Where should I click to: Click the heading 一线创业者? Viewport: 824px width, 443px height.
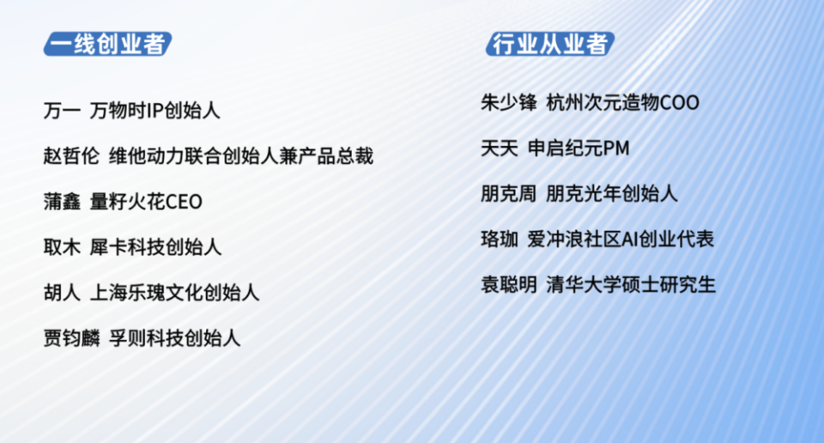pos(106,44)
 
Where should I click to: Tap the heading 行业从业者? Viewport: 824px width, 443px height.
pos(549,44)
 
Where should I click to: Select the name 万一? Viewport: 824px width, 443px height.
pos(61,111)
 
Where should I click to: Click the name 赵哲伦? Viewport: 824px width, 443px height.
pos(71,156)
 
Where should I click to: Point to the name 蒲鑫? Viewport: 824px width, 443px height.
pos(61,202)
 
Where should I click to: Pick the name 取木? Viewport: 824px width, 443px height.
pos(61,247)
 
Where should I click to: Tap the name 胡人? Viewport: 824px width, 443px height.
pos(61,293)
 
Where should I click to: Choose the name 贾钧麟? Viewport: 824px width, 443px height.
pos(71,338)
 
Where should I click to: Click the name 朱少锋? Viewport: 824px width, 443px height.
pos(509,103)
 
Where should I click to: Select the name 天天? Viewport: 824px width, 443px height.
pos(499,149)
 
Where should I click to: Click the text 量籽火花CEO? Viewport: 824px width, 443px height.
pos(146,202)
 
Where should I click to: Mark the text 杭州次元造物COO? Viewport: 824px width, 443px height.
pos(622,103)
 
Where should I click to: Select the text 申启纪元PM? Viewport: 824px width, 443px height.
pos(579,149)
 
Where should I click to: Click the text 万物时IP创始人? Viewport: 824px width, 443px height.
pos(155,111)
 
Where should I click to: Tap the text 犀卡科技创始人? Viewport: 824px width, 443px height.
pos(155,247)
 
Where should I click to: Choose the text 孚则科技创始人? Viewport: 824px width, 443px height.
pos(174,338)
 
